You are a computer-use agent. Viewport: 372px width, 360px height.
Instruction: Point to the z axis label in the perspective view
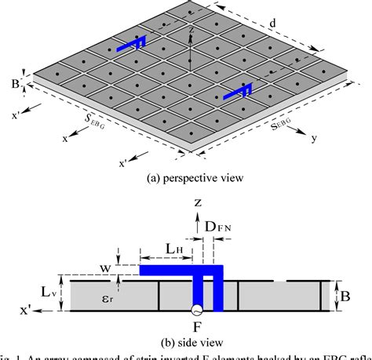pyautogui.click(x=191, y=31)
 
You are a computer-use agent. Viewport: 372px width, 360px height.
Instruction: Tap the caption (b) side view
pyautogui.click(x=189, y=341)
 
